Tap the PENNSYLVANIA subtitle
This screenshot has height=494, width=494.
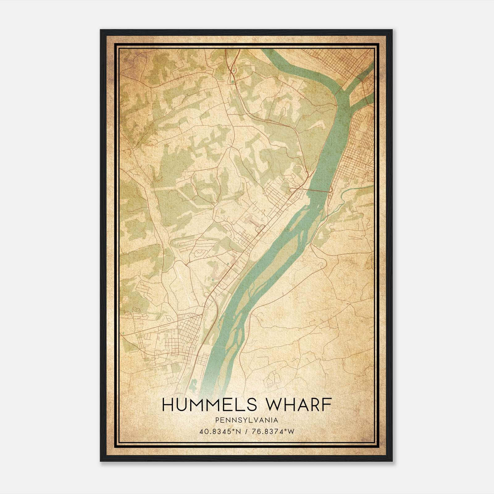247,420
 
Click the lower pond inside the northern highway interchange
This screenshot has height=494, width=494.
232,82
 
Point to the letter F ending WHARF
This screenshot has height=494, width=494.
327,405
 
